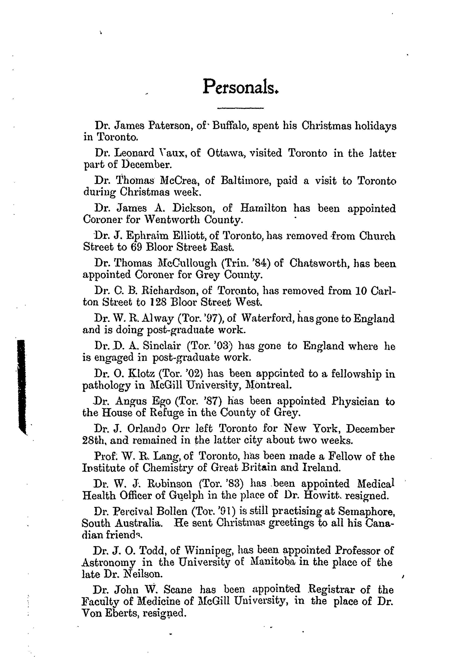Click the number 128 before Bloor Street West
(x=156, y=302)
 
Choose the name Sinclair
(x=162, y=346)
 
